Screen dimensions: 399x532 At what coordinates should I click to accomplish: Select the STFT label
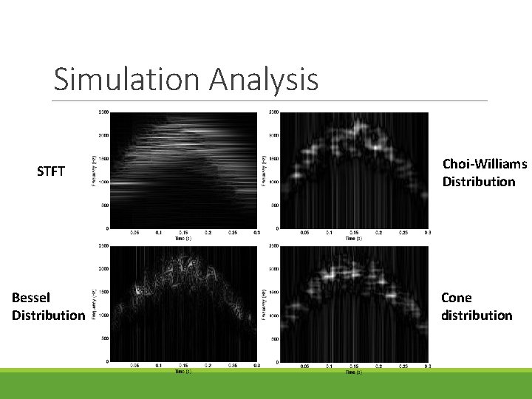(51, 172)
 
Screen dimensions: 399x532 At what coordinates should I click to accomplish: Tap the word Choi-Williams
(484, 164)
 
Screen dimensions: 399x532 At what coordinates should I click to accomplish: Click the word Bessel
(31, 298)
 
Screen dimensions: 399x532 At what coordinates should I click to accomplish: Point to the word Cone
(456, 298)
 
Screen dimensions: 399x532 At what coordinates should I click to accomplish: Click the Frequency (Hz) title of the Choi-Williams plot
(264, 170)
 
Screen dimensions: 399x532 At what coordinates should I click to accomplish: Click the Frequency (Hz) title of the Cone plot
(264, 303)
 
